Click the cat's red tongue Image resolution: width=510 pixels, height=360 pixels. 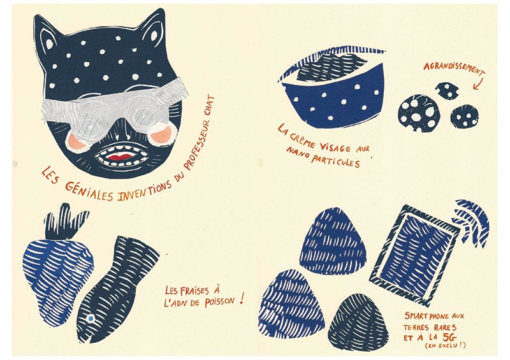tap(119, 157)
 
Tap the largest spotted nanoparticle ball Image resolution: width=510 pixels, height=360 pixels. tap(419, 113)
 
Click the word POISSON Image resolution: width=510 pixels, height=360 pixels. tap(219, 302)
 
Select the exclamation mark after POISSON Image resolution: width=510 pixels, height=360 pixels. tap(242, 298)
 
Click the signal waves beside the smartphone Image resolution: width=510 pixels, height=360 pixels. tap(473, 221)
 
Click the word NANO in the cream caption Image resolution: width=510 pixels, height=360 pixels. tap(297, 154)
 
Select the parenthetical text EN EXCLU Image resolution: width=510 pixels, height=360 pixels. tap(445, 345)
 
